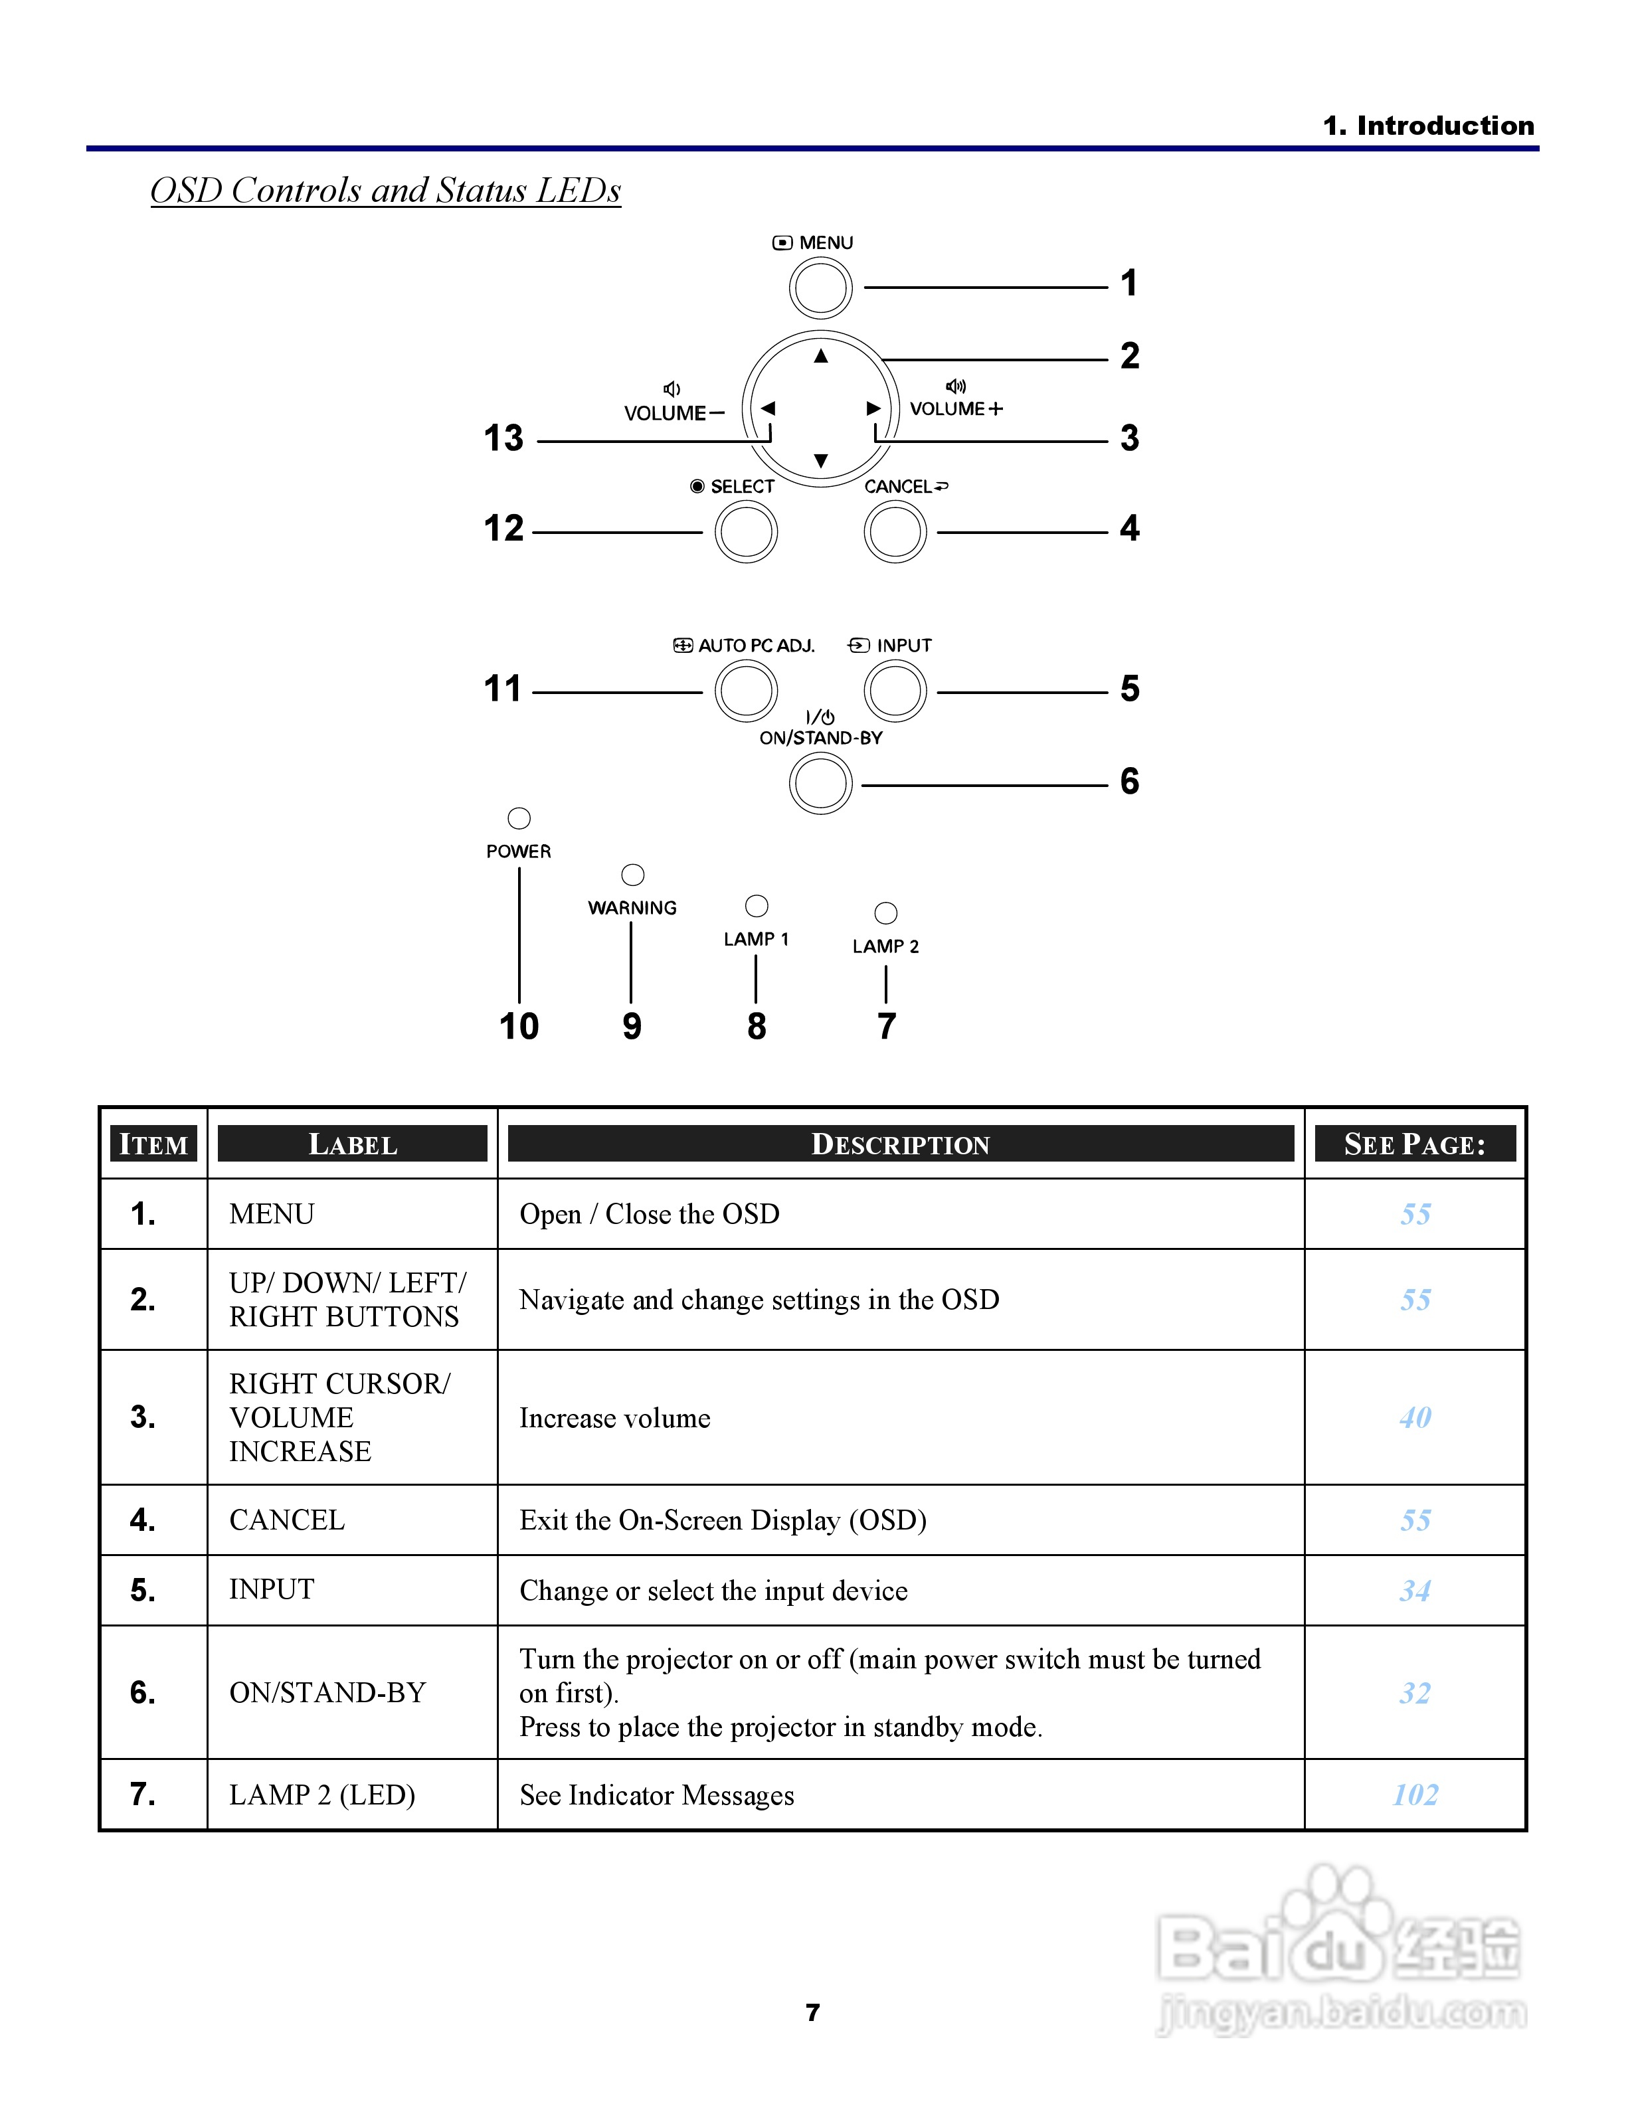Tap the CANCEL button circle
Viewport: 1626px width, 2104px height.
pos(895,532)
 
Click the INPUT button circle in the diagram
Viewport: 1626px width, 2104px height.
pos(895,691)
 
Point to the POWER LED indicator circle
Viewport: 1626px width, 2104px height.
pos(519,818)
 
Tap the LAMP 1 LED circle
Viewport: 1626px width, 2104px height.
pos(757,906)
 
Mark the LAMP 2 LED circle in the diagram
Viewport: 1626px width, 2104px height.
pos(885,913)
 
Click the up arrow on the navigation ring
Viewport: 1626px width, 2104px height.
pos(821,357)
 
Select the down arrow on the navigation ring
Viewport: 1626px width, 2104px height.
pos(821,460)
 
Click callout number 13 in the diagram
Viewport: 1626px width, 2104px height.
pos(503,438)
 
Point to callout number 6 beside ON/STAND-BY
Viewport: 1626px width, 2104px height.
pos(1130,781)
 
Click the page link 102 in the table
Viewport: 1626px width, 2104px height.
pos(1415,1795)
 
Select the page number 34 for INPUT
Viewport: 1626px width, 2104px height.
pos(1415,1591)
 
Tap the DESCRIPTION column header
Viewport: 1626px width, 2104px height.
pos(901,1144)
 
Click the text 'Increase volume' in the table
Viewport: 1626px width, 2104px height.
pos(614,1418)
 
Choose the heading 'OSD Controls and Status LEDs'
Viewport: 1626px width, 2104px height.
pos(385,191)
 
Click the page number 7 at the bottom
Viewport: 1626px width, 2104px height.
pos(813,2012)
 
